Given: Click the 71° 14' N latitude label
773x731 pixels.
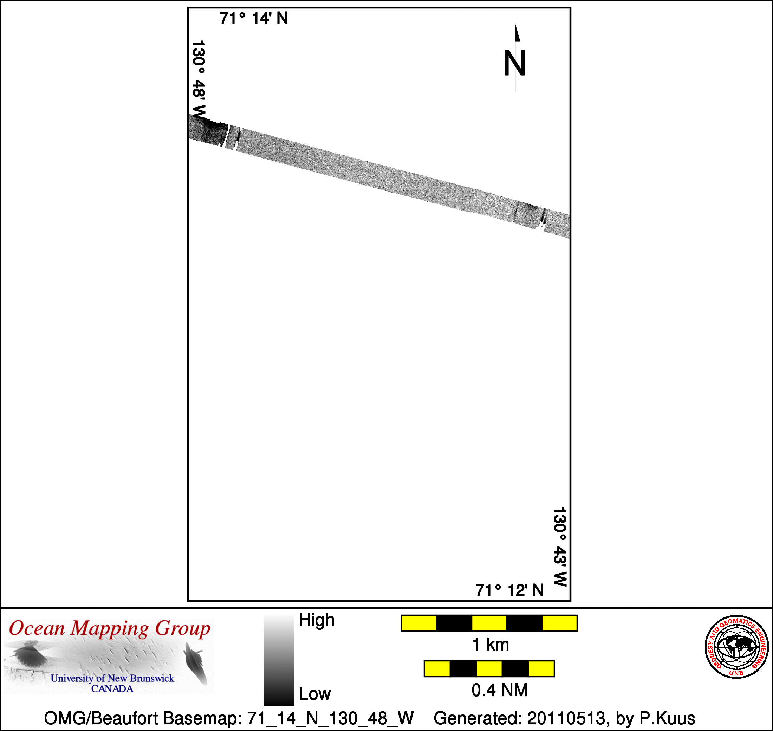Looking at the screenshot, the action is point(254,18).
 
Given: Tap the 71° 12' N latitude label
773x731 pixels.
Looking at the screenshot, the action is point(509,590).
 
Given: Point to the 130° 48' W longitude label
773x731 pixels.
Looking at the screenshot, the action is point(199,80).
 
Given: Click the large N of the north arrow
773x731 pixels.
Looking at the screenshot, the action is point(515,63).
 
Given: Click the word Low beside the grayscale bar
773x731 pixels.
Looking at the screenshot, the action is point(315,694).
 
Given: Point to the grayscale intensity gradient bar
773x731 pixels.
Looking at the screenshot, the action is point(279,660).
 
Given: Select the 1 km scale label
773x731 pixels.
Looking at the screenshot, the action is point(491,645).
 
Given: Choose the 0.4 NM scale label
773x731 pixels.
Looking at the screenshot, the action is point(500,691).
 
